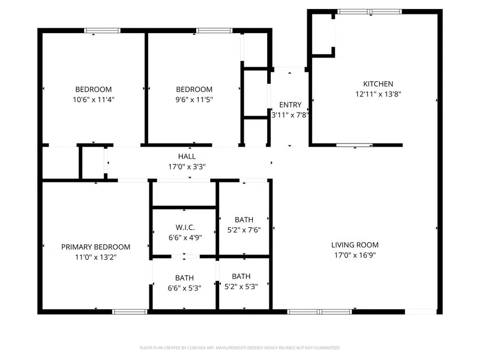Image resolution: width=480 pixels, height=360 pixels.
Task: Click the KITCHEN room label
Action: click(x=378, y=84)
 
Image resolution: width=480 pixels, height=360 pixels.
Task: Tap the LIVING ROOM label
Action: click(x=355, y=245)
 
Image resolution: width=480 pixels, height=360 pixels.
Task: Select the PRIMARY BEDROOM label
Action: click(x=95, y=247)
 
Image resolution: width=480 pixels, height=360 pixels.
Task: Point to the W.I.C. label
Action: click(x=184, y=228)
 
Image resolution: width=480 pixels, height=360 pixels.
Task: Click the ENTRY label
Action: click(x=290, y=105)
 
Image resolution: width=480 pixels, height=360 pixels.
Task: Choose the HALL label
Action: click(x=187, y=156)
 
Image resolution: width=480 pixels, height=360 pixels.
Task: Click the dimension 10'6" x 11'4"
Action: click(x=93, y=99)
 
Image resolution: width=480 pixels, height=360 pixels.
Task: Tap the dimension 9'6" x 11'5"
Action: click(x=194, y=99)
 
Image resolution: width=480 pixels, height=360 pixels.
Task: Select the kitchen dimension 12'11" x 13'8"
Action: click(x=378, y=94)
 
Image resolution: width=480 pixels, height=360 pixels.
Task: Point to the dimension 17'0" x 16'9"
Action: click(x=355, y=255)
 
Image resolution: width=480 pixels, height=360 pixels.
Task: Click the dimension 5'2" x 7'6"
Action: click(x=244, y=230)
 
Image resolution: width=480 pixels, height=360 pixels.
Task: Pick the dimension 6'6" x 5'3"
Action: click(x=185, y=288)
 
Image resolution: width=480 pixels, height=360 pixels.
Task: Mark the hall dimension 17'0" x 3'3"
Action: click(x=187, y=166)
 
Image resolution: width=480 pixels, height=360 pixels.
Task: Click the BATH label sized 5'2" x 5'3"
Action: click(x=241, y=276)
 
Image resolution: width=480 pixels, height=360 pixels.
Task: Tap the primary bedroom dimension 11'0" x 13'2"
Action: click(x=95, y=257)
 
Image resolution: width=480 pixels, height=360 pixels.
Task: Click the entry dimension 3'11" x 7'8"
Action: click(x=291, y=115)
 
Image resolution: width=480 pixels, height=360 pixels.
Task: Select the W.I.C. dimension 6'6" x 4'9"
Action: click(x=184, y=238)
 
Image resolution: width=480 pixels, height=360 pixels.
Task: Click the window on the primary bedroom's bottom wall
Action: click(x=130, y=311)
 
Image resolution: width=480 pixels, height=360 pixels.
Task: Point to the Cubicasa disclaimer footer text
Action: click(x=240, y=348)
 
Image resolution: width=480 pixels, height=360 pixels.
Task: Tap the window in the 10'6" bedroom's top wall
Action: click(x=102, y=30)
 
